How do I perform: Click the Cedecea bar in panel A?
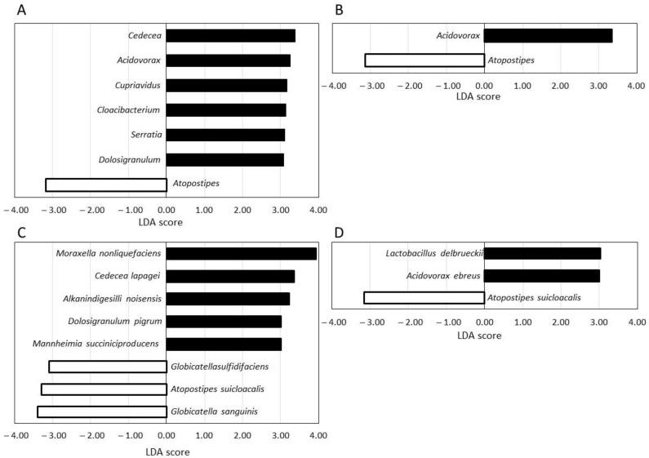pyautogui.click(x=230, y=35)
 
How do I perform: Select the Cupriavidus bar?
pyautogui.click(x=226, y=85)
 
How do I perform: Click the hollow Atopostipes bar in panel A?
pyautogui.click(x=106, y=185)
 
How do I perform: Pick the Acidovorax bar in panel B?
pyautogui.click(x=548, y=35)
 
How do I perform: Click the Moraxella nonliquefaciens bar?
pyautogui.click(x=242, y=253)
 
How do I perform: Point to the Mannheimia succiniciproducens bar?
pyautogui.click(x=224, y=344)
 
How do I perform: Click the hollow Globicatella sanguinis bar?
pyautogui.click(x=102, y=411)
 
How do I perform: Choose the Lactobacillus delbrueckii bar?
pyautogui.click(x=542, y=253)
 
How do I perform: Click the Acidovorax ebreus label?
pyautogui.click(x=442, y=276)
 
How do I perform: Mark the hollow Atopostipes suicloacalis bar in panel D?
pyautogui.click(x=424, y=298)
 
